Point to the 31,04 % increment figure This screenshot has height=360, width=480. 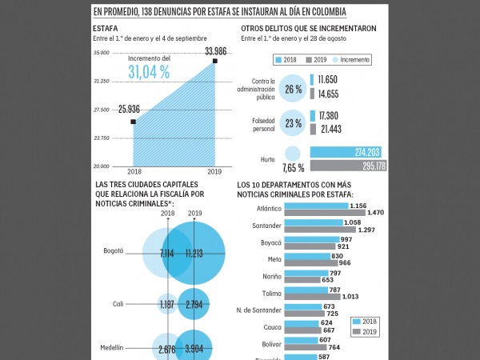tap(149, 72)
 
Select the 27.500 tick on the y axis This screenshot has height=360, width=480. tap(101, 110)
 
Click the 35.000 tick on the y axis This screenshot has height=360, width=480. tap(101, 53)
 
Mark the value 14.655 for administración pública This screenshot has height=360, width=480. tap(329, 94)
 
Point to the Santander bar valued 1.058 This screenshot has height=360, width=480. tap(313, 223)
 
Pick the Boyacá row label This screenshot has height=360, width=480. tap(271, 242)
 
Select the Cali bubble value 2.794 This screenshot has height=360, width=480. tap(195, 305)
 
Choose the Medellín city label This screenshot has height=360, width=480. tap(112, 348)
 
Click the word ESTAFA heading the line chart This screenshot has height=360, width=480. tap(106, 29)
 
